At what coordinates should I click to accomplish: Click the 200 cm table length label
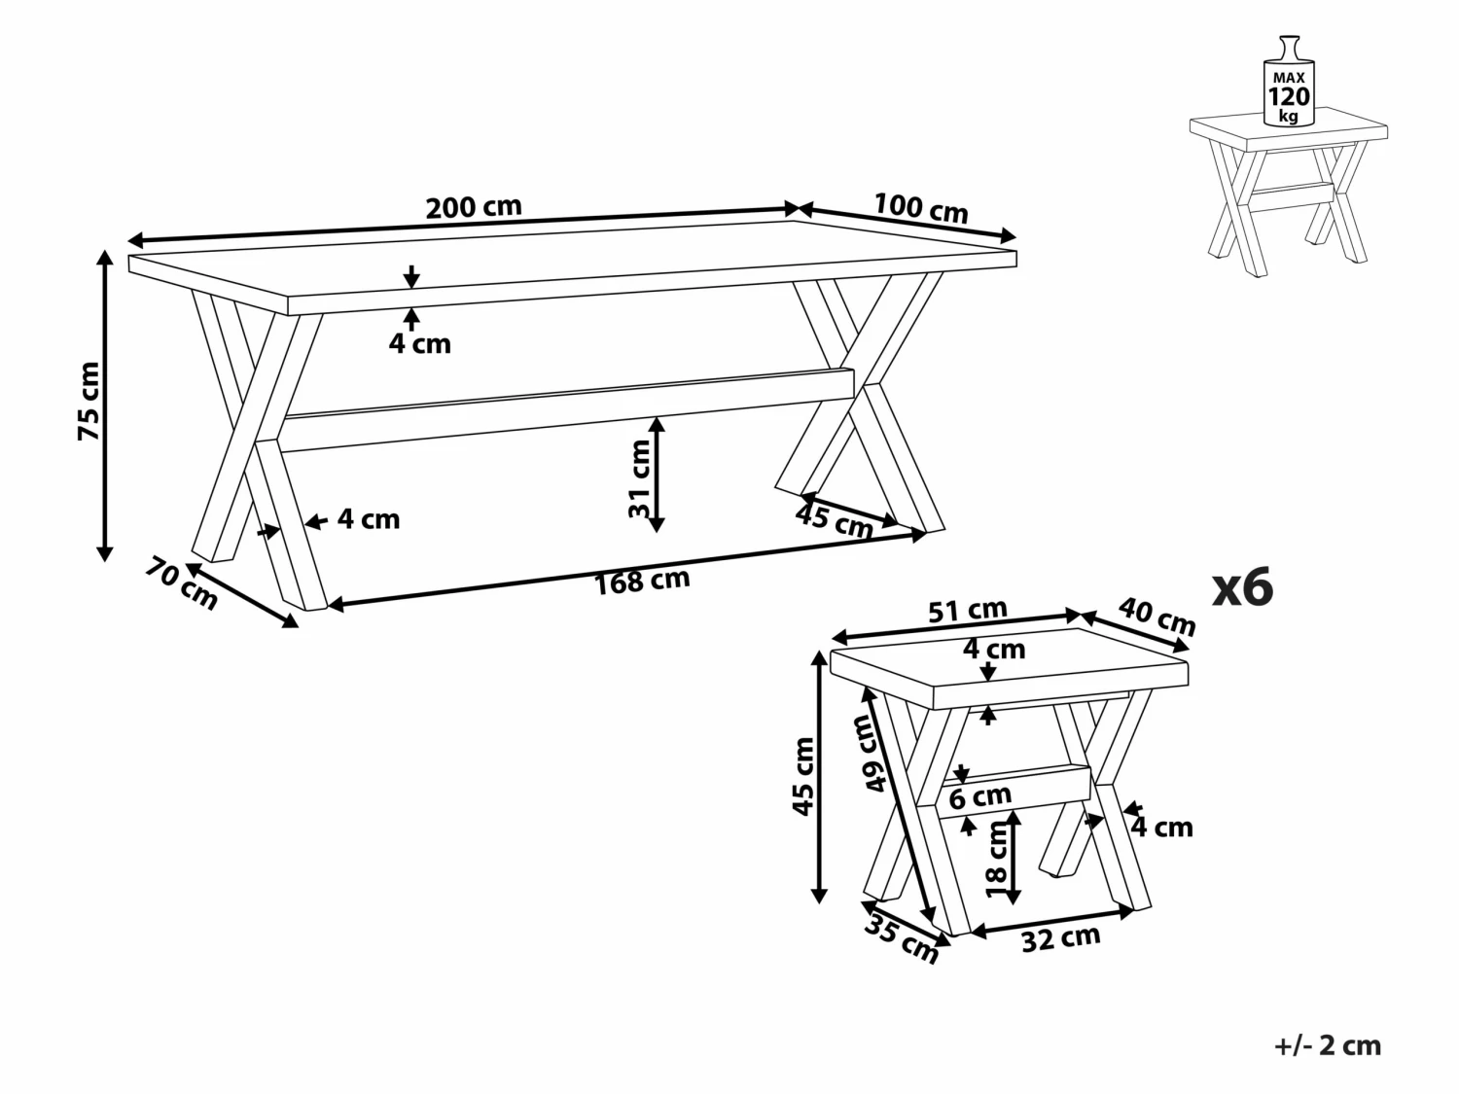474,207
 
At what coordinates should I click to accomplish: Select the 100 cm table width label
920,207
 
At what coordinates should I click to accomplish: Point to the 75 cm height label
89,401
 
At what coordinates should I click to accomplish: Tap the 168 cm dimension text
642,581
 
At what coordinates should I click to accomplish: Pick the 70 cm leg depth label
182,583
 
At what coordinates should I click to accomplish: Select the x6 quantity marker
1242,587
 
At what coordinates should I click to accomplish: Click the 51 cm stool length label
967,611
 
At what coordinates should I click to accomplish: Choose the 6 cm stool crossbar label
980,797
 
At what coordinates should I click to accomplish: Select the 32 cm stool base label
1061,937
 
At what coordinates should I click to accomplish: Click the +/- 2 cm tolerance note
1327,1045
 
